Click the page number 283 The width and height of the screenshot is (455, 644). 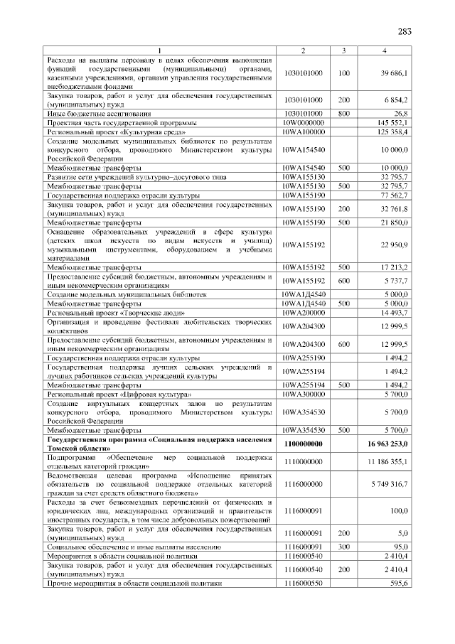pyautogui.click(x=405, y=31)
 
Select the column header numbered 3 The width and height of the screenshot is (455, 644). pyautogui.click(x=343, y=50)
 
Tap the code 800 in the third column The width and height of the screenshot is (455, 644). pyautogui.click(x=343, y=113)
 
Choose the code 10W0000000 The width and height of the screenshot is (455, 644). pyautogui.click(x=303, y=122)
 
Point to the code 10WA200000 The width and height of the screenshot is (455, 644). pyautogui.click(x=303, y=312)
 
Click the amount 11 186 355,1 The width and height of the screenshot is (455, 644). pyautogui.click(x=388, y=461)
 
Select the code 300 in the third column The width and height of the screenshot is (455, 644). pyautogui.click(x=343, y=546)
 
